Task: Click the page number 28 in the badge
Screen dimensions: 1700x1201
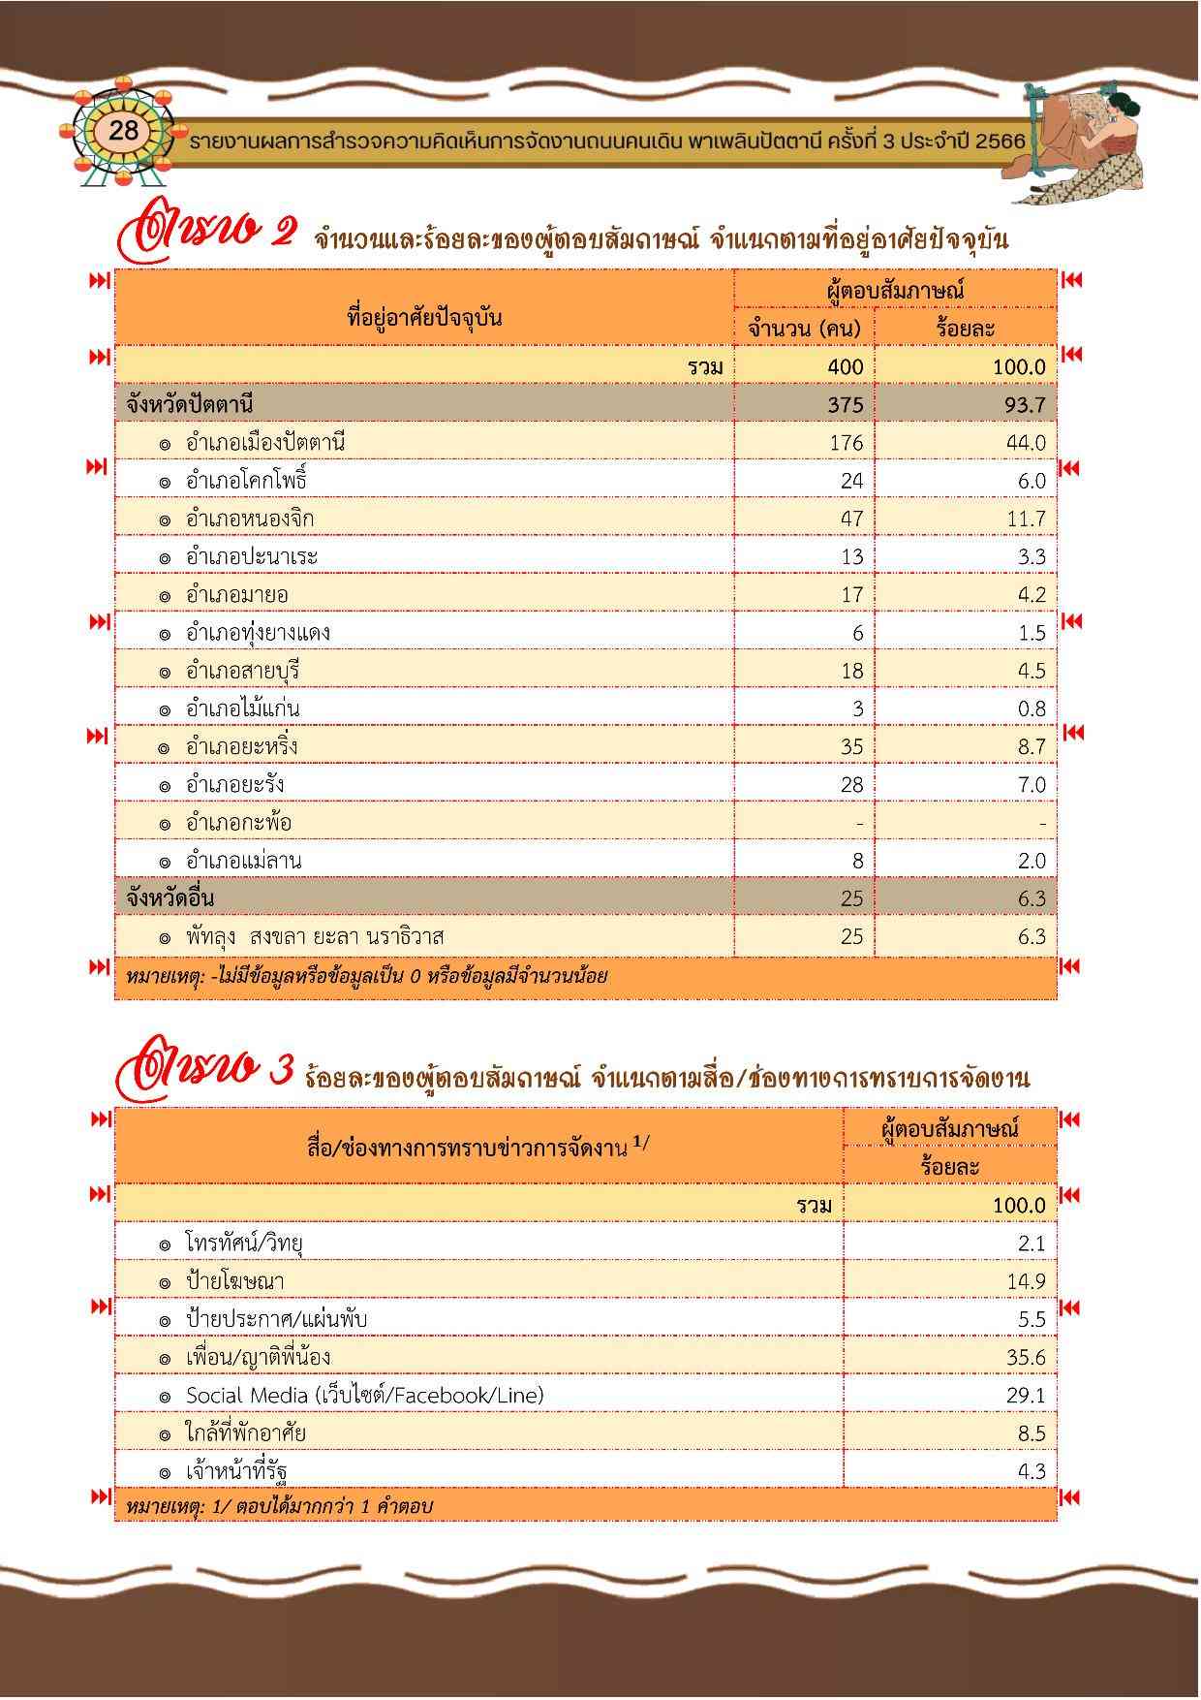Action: pyautogui.click(x=124, y=130)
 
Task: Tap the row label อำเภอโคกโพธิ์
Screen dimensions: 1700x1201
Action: pyautogui.click(x=246, y=481)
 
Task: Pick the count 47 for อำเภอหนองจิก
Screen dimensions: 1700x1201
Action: pyautogui.click(x=851, y=519)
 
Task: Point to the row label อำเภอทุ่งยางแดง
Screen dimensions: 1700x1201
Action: pyautogui.click(x=258, y=633)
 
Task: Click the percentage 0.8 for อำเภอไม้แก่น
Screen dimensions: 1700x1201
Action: pyautogui.click(x=1032, y=708)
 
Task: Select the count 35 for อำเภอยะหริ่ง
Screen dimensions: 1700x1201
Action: pyautogui.click(x=851, y=746)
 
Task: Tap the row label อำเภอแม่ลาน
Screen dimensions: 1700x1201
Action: pyautogui.click(x=243, y=861)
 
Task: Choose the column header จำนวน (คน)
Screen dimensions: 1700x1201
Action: pyautogui.click(x=804, y=329)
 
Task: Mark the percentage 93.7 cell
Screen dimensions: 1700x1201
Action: pyautogui.click(x=1025, y=405)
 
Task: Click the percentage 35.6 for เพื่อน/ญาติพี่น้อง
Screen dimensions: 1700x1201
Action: pyautogui.click(x=1025, y=1357)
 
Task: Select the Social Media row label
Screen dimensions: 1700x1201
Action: pyautogui.click(x=364, y=1395)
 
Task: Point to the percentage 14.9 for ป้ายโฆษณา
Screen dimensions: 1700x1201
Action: pyautogui.click(x=1025, y=1281)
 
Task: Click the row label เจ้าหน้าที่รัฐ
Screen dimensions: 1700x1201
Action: pyautogui.click(x=236, y=1471)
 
